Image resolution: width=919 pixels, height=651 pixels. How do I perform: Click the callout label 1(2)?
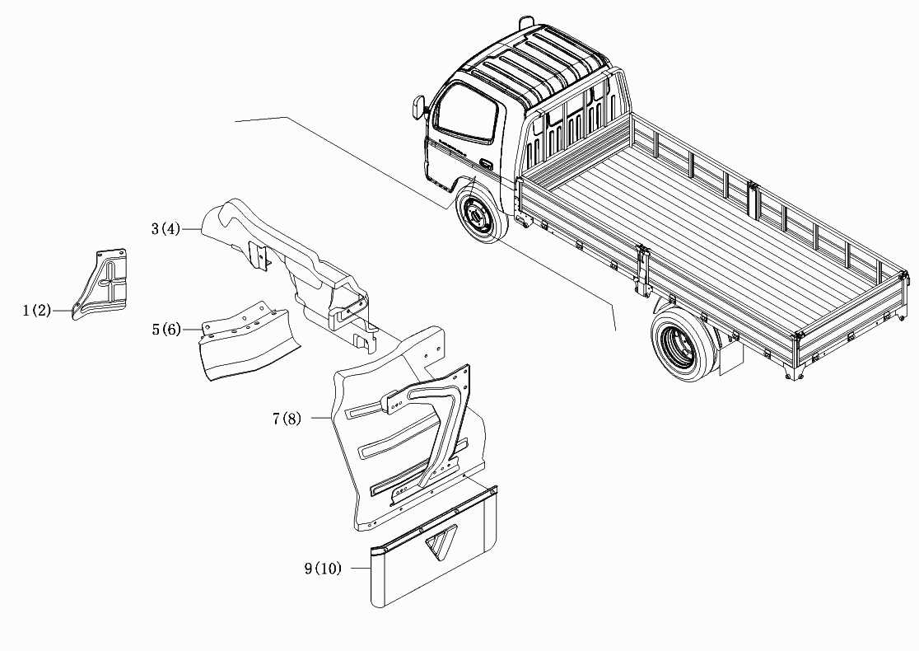point(37,310)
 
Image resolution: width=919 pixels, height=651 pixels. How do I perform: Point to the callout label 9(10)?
point(322,569)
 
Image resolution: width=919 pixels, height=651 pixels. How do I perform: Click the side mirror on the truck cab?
point(418,107)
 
